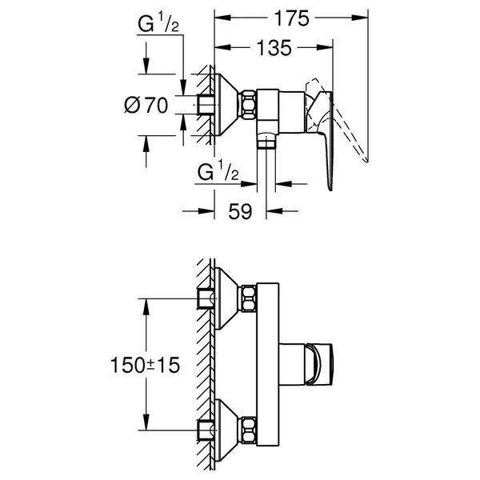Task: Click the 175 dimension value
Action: coord(291,18)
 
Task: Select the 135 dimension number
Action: coord(274,48)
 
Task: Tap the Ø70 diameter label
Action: coord(146,105)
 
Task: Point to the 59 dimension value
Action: coord(240,211)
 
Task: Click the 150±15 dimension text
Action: coord(145,365)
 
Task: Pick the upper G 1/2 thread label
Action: coord(158,23)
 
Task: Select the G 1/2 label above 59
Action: coord(218,172)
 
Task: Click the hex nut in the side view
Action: coord(249,105)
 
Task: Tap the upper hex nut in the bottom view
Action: coord(249,298)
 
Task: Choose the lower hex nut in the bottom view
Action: coord(249,430)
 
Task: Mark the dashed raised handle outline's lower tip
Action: coord(366,161)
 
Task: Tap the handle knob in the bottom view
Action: coord(319,364)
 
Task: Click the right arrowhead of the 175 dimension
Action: coord(360,18)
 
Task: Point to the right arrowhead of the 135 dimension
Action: coord(325,48)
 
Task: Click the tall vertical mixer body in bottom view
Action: coord(268,364)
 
